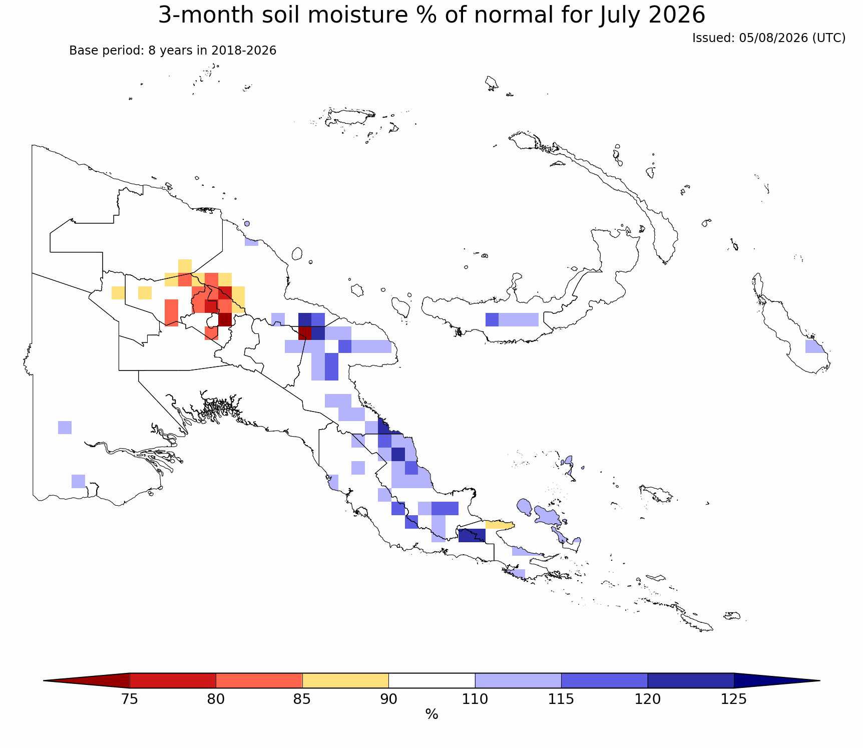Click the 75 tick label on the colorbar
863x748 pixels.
(x=130, y=698)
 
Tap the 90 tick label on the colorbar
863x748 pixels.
(x=388, y=698)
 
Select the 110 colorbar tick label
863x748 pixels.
(x=475, y=698)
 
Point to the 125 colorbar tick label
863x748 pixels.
(x=734, y=698)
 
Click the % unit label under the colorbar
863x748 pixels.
(x=432, y=714)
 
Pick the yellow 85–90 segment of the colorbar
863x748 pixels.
(x=345, y=680)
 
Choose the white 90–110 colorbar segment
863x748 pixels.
(x=432, y=680)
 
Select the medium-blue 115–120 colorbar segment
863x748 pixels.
(x=604, y=680)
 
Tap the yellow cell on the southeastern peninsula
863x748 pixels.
(x=500, y=525)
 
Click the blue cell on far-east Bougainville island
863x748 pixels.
(x=814, y=346)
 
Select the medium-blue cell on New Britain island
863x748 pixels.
(x=492, y=319)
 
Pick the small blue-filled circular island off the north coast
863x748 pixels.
(x=247, y=224)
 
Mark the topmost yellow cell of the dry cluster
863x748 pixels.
(x=185, y=266)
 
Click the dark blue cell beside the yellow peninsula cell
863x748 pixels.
(x=472, y=535)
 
